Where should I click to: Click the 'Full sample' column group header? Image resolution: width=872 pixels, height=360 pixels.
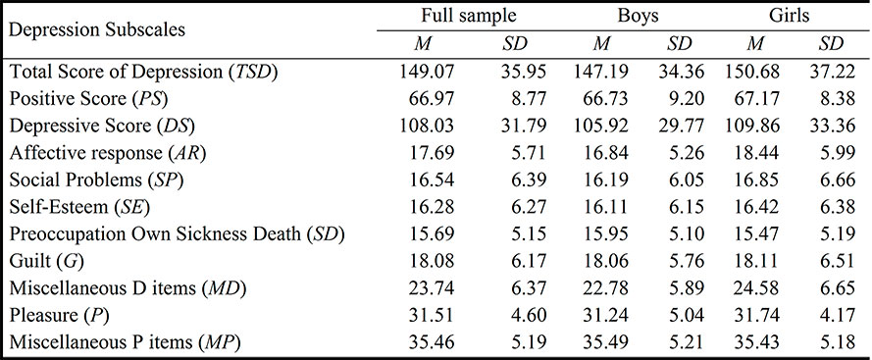462,17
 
